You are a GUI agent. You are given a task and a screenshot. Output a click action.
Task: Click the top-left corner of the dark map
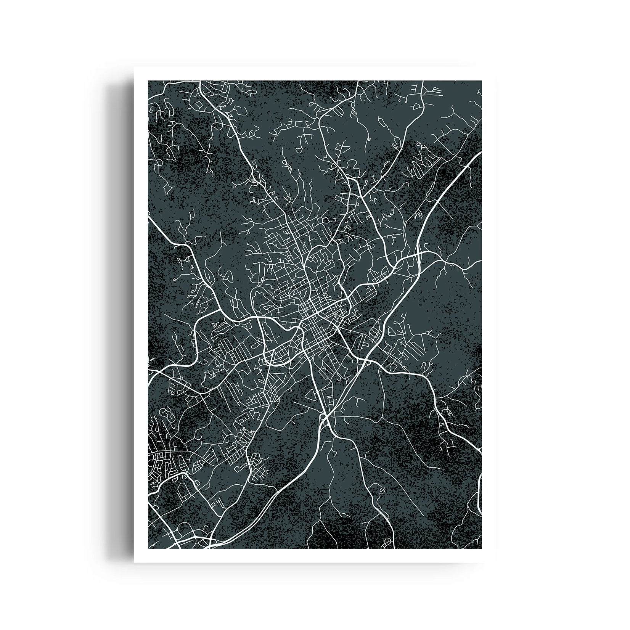[148, 81]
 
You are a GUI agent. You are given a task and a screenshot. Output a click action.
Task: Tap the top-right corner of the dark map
[482, 81]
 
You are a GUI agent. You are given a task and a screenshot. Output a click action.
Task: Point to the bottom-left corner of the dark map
[148, 548]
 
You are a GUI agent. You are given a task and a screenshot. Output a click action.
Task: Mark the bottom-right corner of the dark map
[482, 548]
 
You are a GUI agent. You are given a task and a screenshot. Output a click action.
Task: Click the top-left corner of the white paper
[134, 67]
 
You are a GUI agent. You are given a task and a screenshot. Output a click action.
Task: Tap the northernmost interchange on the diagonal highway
[418, 254]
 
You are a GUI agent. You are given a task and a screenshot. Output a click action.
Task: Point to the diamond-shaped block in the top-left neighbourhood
[199, 104]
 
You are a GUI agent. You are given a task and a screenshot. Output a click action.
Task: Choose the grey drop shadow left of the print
[120, 305]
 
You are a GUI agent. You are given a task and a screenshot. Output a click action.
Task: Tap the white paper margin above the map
[315, 74]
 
